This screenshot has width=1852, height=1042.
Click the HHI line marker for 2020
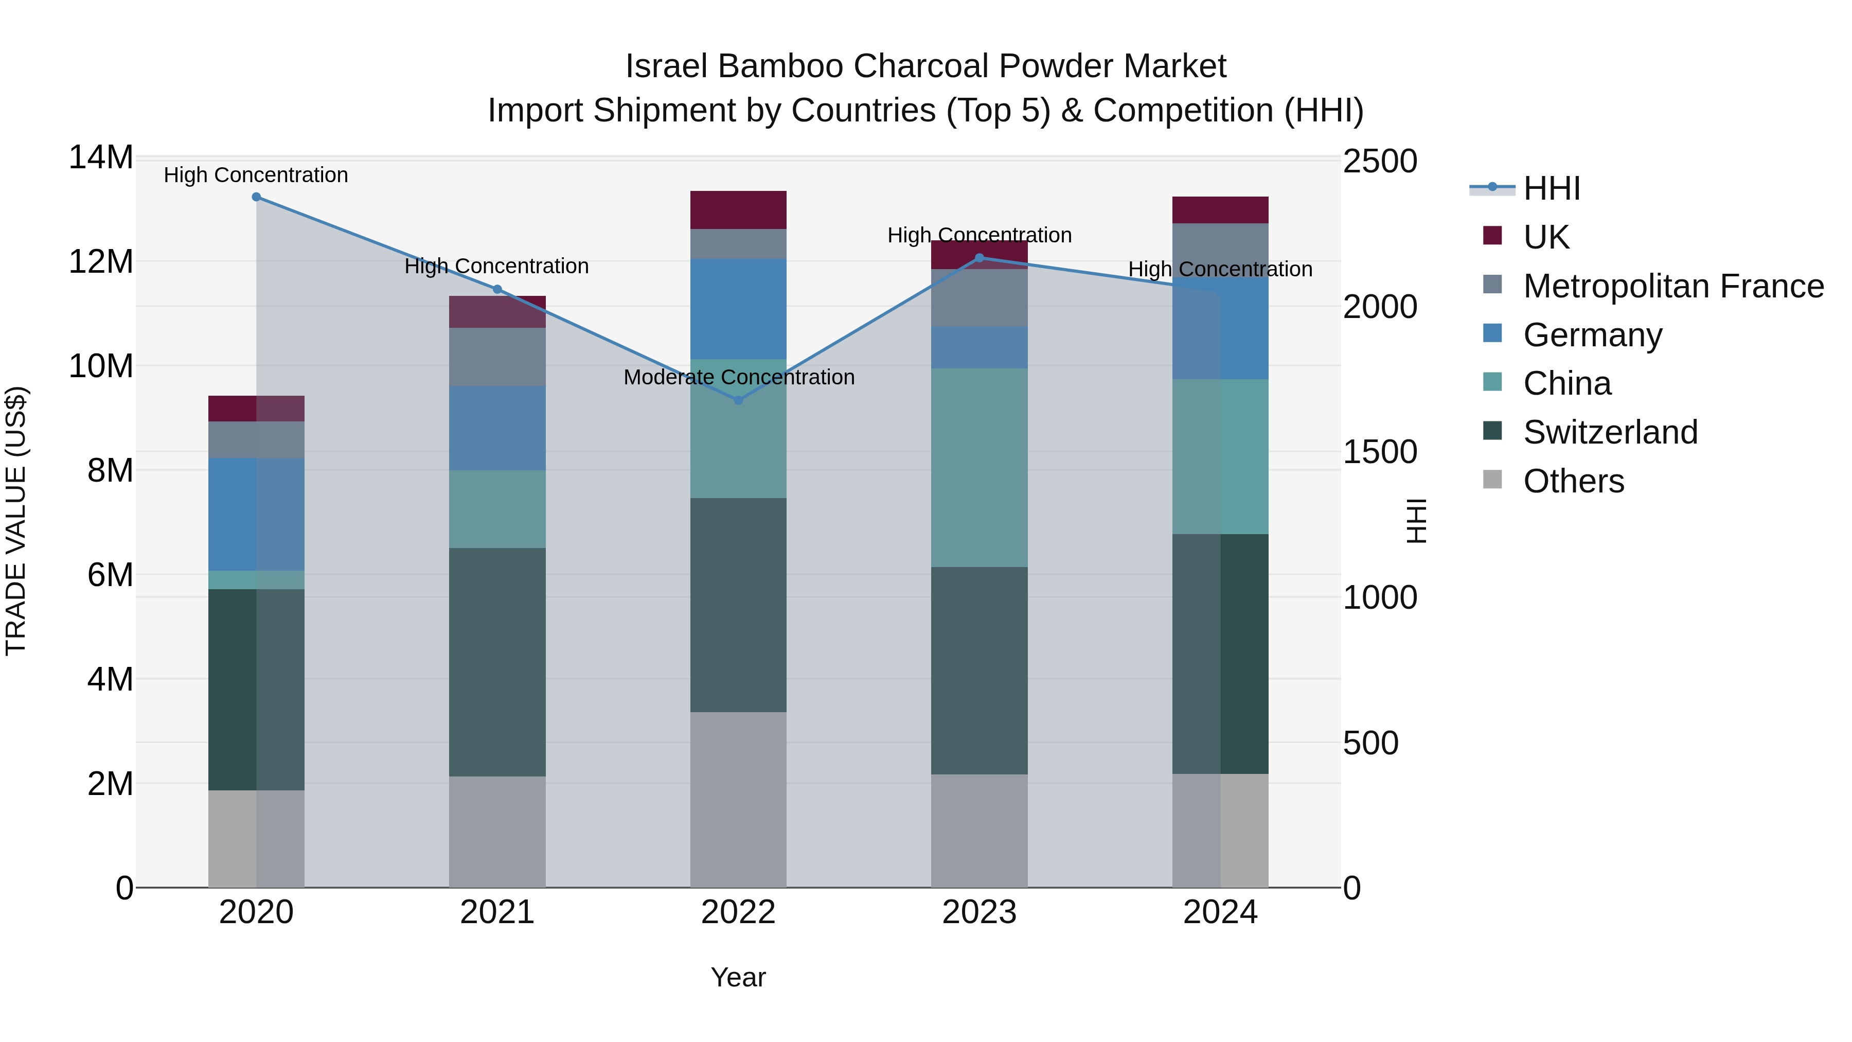(x=256, y=197)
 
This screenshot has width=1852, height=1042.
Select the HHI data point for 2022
(x=738, y=400)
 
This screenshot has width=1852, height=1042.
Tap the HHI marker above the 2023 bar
(x=979, y=258)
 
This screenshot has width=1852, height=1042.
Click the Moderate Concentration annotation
(x=738, y=378)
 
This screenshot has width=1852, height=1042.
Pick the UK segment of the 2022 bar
(x=738, y=210)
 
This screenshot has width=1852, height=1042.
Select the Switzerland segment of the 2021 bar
(x=497, y=662)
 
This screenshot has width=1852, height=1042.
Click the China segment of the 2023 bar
(x=979, y=467)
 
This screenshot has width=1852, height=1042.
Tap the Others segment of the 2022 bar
(x=738, y=799)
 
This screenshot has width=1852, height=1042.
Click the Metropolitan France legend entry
(x=1673, y=286)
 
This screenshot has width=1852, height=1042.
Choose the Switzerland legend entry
(x=1610, y=432)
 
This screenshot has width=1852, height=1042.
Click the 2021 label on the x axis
(x=497, y=912)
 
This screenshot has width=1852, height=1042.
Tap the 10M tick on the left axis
(x=101, y=366)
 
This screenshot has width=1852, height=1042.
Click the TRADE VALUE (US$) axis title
(x=16, y=521)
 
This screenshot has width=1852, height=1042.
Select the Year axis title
(x=738, y=977)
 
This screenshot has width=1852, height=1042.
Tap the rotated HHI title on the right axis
(x=1415, y=521)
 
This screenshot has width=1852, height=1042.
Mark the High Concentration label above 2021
(x=497, y=266)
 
